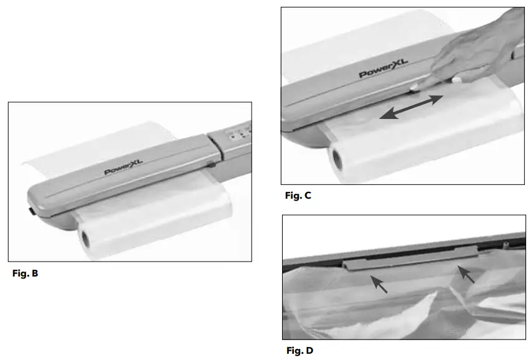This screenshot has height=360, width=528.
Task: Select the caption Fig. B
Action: coord(26,273)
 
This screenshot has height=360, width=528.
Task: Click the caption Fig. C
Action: coord(298,196)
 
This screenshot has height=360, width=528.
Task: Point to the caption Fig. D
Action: coord(299,351)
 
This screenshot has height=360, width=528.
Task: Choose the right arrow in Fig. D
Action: coord(465,274)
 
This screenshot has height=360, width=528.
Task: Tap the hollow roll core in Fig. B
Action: coord(84,238)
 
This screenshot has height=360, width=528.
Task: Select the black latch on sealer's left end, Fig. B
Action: coord(30,212)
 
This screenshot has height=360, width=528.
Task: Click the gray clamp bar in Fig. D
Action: coord(411,257)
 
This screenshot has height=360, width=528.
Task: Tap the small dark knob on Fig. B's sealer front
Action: coord(212,164)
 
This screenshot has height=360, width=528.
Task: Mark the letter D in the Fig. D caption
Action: coord(309,351)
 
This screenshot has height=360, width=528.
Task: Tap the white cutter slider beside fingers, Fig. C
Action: coord(457,79)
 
